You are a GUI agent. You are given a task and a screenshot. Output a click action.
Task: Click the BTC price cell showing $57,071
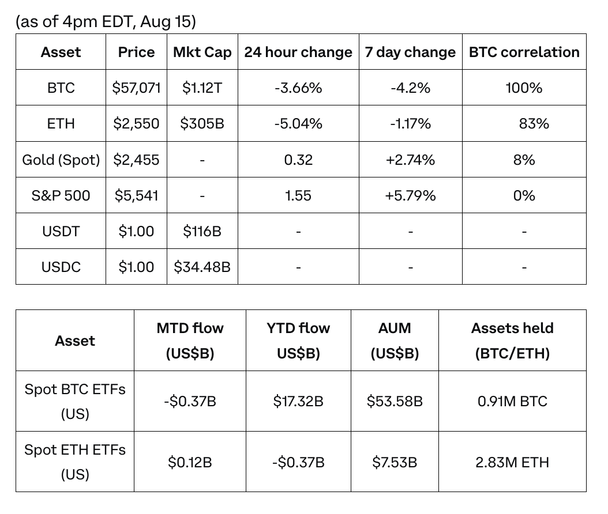136,88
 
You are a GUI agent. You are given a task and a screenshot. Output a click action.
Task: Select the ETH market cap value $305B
202,123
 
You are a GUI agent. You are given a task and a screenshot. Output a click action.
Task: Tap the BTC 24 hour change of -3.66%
298,88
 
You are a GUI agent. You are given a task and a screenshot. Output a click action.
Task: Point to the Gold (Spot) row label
61,160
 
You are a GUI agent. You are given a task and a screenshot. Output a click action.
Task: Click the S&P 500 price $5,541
136,195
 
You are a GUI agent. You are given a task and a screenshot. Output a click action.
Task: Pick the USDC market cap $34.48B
202,267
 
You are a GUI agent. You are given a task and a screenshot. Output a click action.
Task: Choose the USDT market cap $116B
202,231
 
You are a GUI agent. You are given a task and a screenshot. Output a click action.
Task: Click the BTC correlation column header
524,52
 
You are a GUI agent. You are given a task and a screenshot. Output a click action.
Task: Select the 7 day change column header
410,52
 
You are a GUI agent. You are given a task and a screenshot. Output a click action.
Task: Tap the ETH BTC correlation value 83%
534,123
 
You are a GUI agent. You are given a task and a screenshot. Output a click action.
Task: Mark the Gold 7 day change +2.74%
410,160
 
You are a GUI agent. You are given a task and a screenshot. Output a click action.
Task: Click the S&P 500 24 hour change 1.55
298,195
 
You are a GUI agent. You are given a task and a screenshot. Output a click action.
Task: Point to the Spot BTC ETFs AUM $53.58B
395,401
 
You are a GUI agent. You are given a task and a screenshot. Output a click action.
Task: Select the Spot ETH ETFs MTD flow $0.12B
190,462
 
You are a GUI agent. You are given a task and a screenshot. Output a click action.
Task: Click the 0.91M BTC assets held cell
512,401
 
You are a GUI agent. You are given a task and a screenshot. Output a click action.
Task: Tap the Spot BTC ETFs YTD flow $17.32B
298,401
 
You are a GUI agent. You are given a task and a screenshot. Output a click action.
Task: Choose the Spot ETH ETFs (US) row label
75,462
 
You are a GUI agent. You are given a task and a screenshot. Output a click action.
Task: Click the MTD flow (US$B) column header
190,341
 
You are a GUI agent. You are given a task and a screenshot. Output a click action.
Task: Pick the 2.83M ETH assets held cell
512,462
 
